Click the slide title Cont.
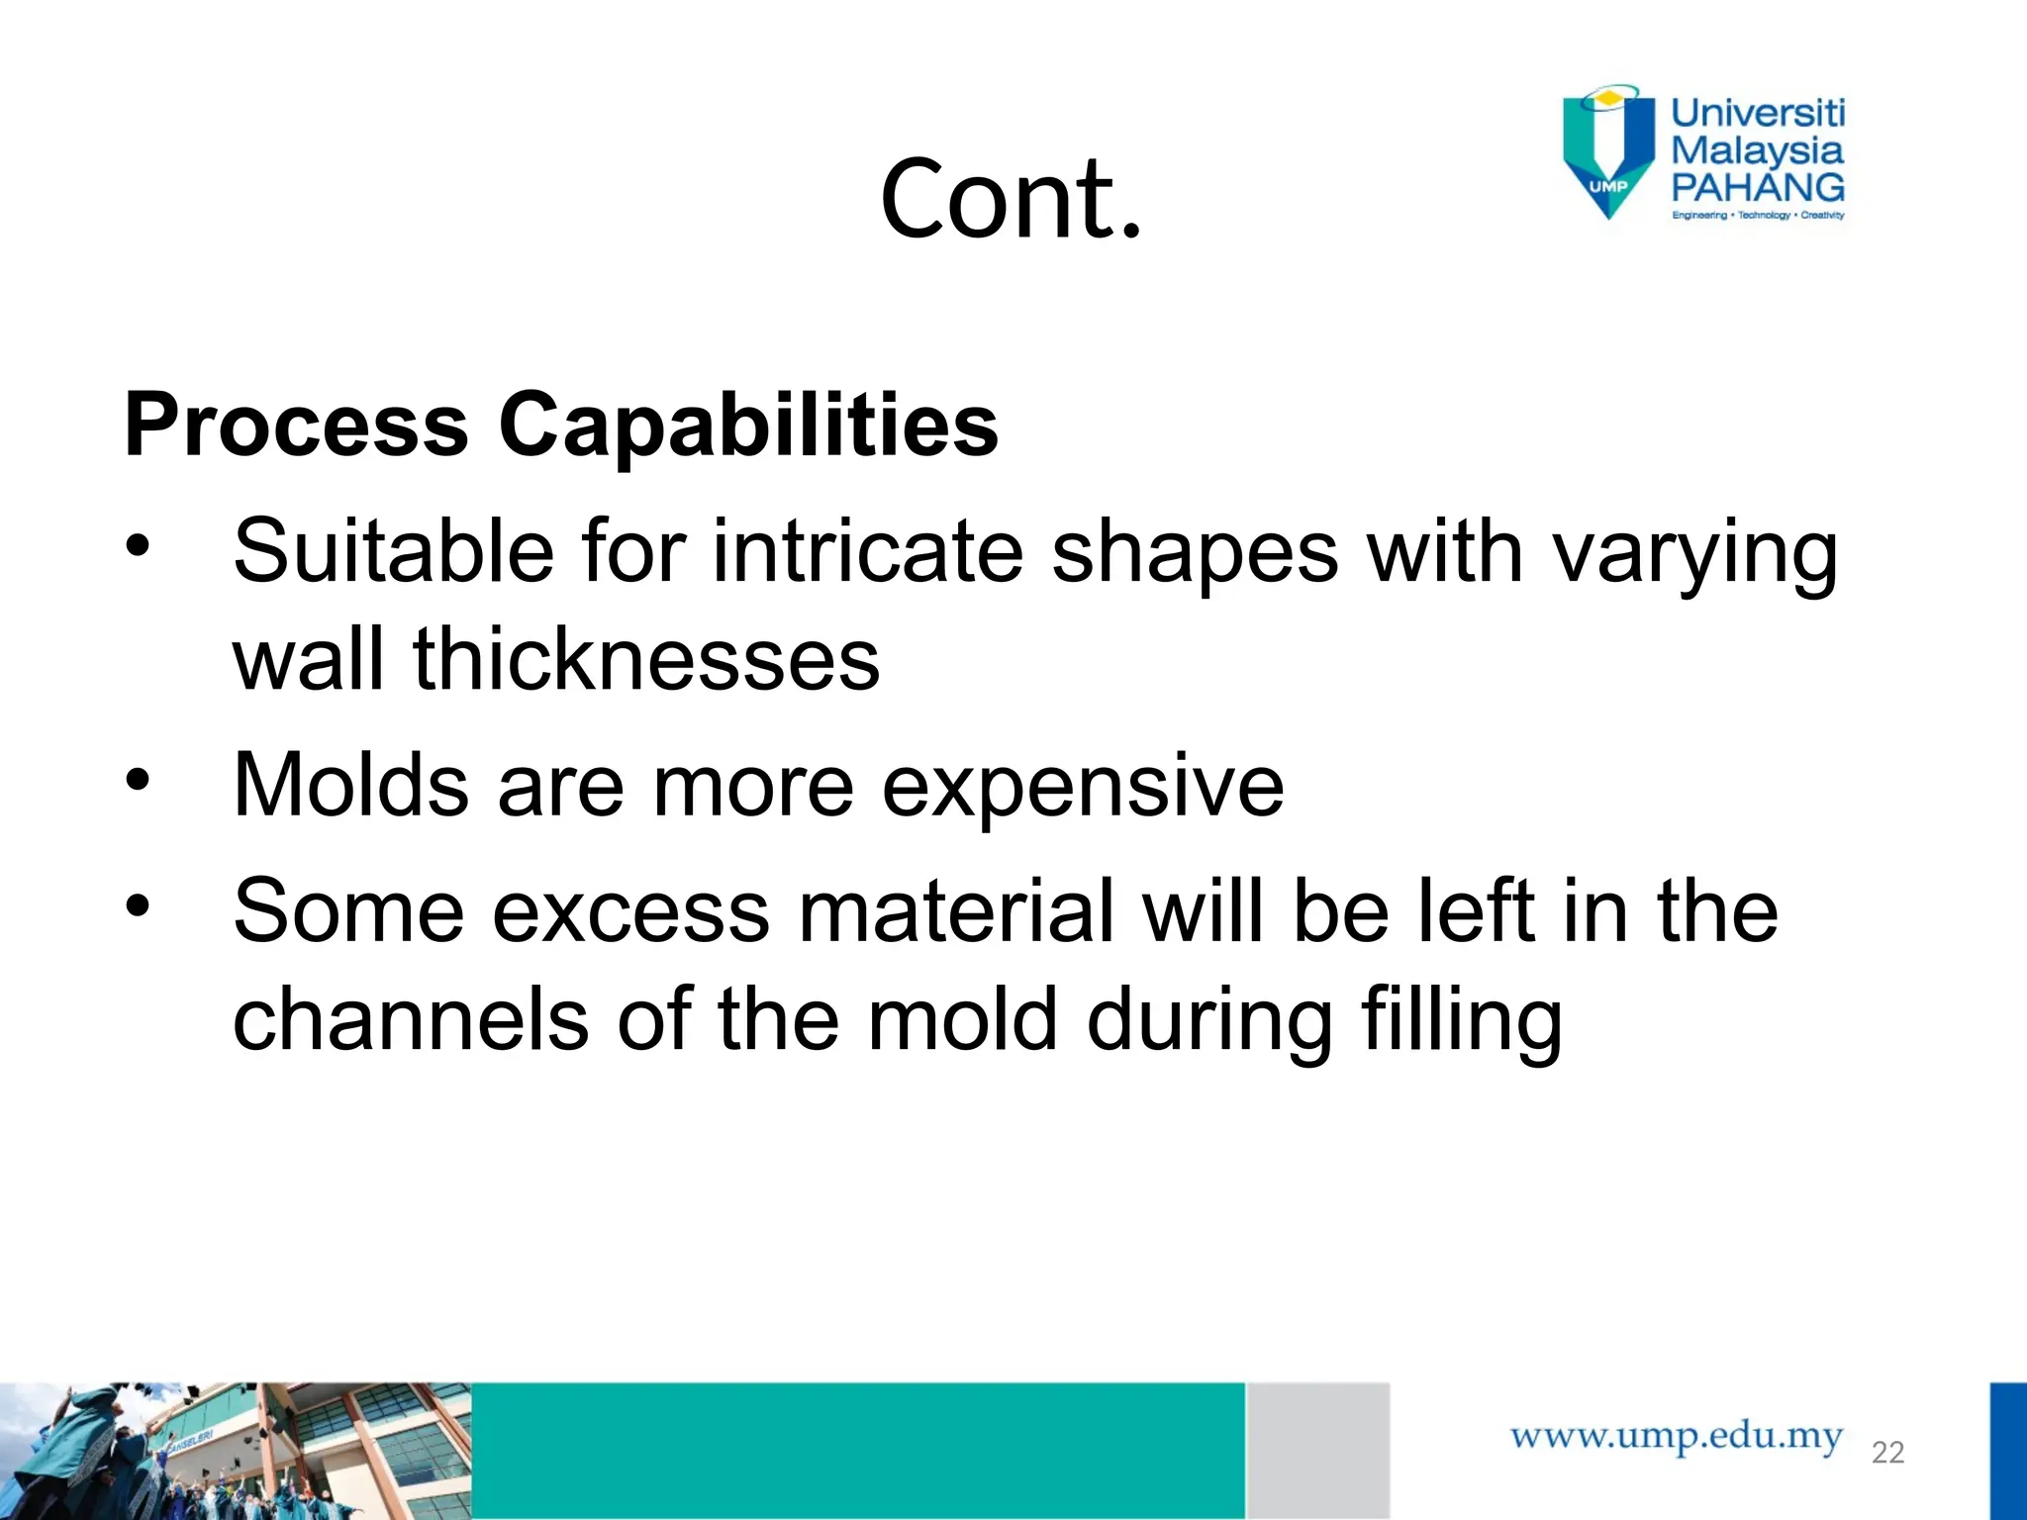1011,199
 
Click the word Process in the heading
296,426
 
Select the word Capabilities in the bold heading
748,426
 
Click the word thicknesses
645,660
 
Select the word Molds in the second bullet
350,786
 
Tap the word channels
411,1020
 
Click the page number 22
1887,1453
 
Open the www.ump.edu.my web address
1676,1436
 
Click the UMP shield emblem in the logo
1608,150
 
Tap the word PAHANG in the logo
1758,187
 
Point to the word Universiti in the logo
1758,113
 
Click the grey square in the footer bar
1317,1450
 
